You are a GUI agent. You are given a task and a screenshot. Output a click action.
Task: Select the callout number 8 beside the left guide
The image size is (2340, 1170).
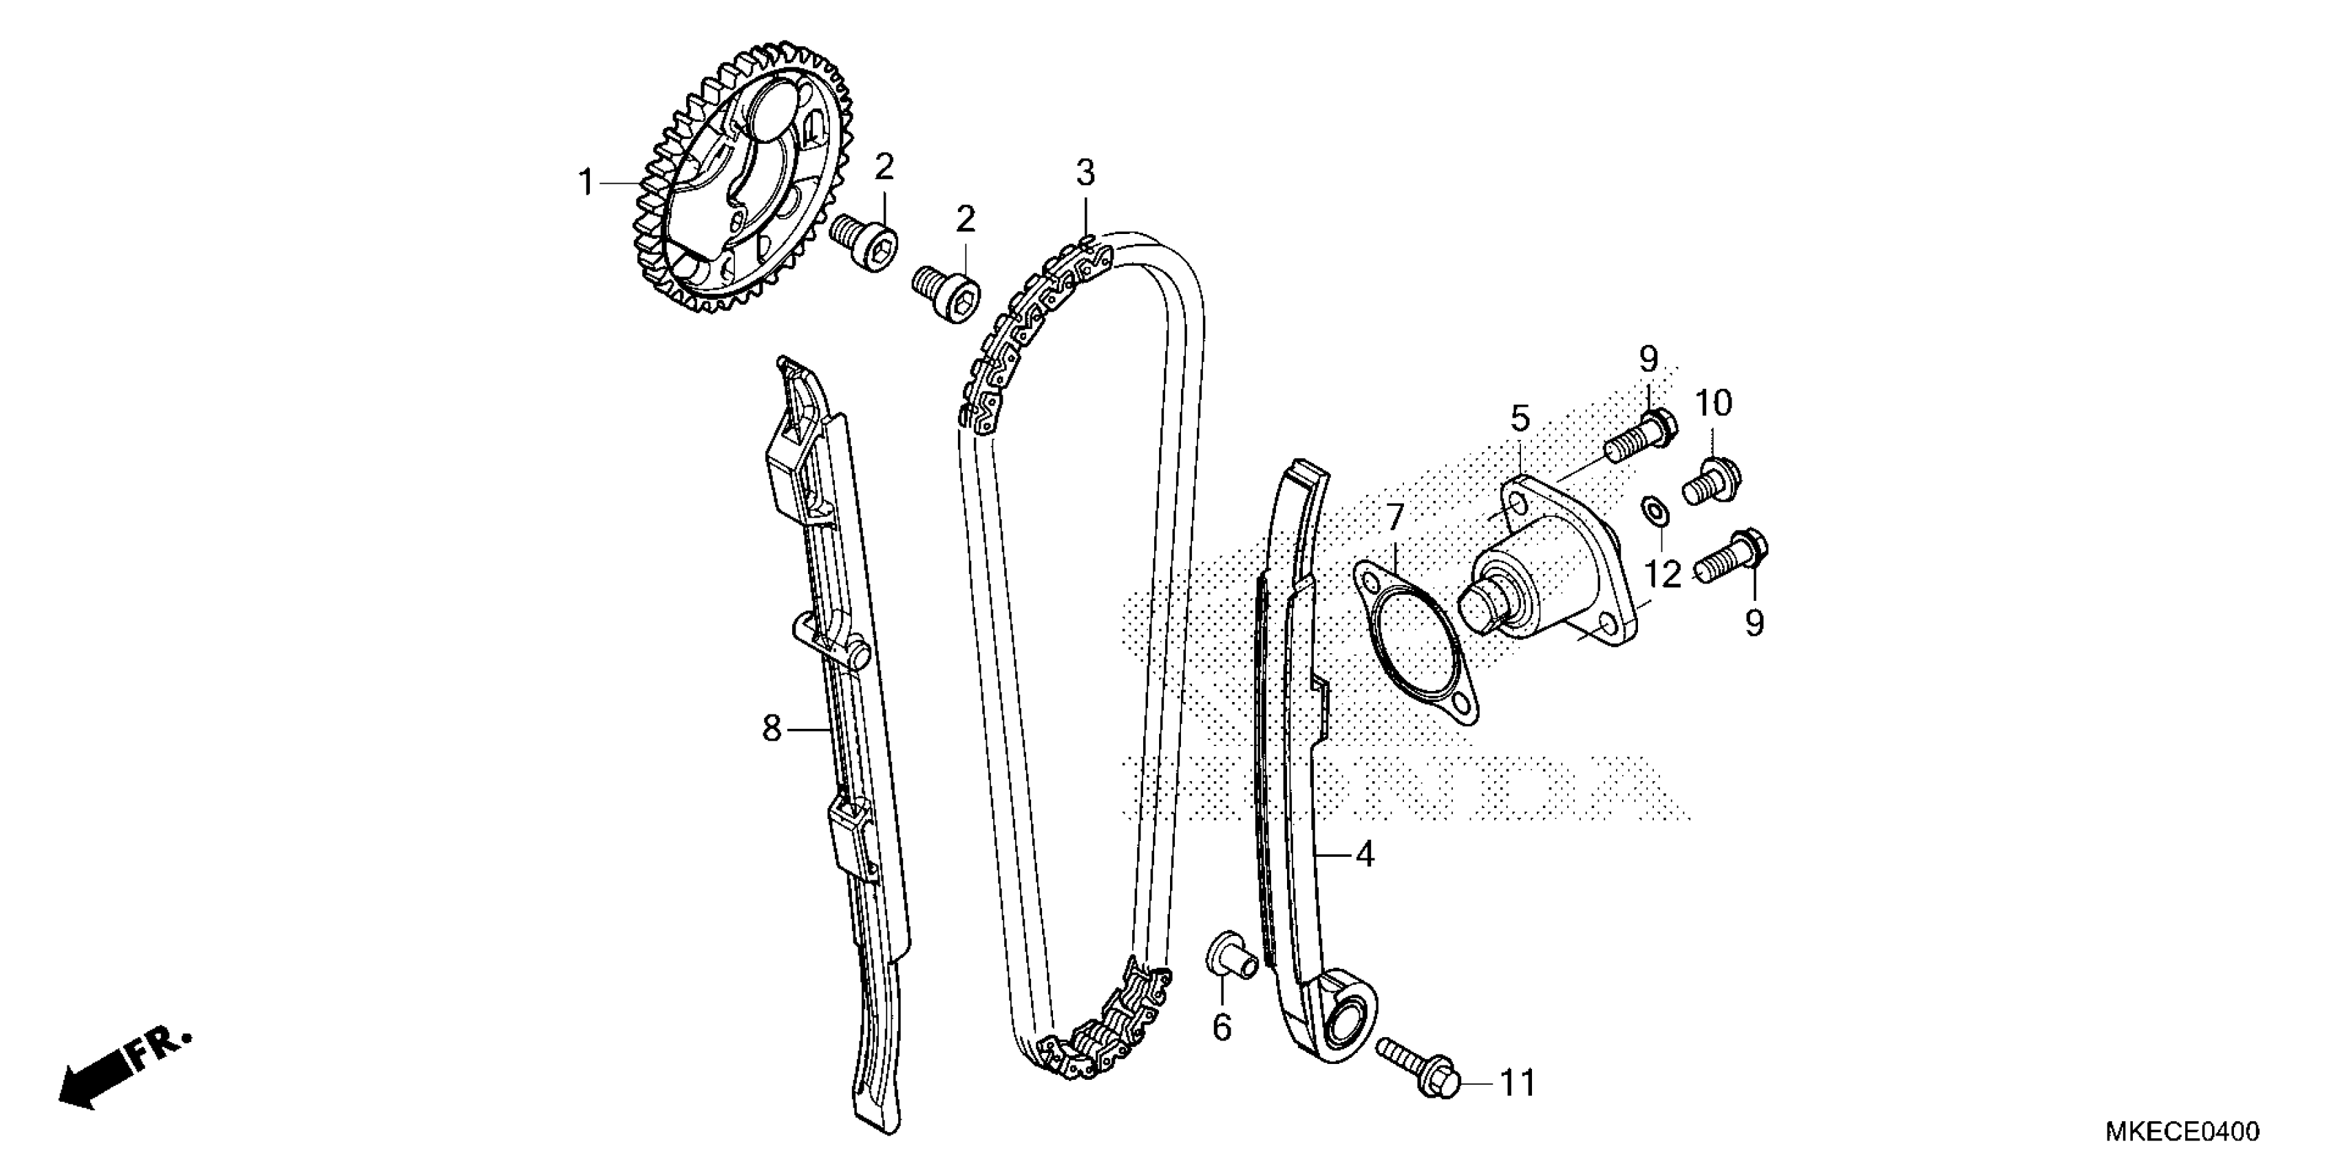772,727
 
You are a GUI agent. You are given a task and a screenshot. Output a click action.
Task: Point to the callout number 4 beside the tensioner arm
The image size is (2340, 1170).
1364,855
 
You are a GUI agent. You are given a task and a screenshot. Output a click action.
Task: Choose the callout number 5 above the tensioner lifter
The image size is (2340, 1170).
1520,418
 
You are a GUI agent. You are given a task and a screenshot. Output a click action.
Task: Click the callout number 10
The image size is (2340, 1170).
1712,403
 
